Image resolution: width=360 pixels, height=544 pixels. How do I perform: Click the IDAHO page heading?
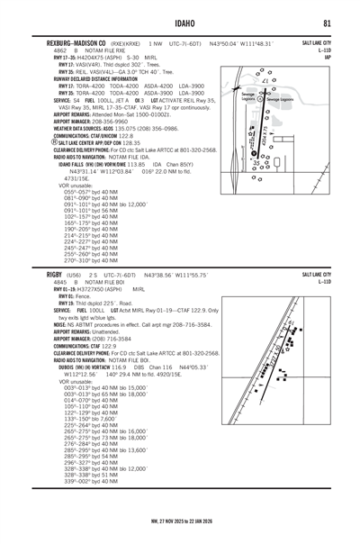coord(180,22)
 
